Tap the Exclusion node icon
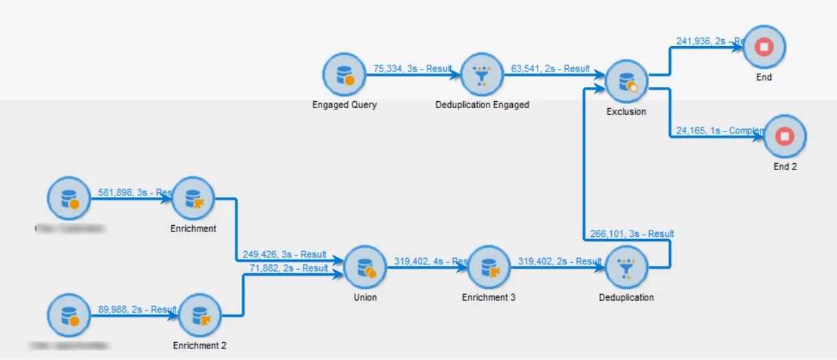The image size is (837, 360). coord(627,81)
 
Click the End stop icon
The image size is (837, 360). coord(764,47)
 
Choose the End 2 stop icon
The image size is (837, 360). coord(785,136)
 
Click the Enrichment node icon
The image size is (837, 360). coord(193,198)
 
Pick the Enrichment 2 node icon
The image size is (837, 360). coord(200,315)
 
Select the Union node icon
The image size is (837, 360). coord(365,267)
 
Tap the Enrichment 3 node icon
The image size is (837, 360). coord(489,267)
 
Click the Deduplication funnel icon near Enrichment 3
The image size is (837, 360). coord(626,267)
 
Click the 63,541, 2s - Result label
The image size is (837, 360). coord(550,69)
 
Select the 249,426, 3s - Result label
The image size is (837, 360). coord(284,255)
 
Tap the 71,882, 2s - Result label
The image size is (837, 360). coord(288,268)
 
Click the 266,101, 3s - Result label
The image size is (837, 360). coord(632,234)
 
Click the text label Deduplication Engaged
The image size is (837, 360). coord(483,105)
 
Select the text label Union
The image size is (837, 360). coord(365,298)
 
